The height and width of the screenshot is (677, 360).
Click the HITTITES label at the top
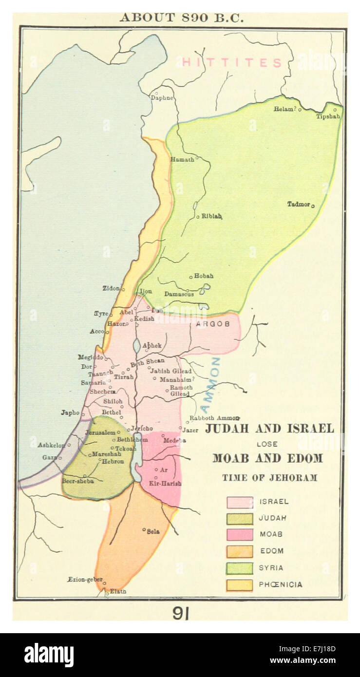pyautogui.click(x=232, y=63)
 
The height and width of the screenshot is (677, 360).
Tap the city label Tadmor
pyautogui.click(x=298, y=204)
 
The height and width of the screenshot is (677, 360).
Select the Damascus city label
pyautogui.click(x=179, y=294)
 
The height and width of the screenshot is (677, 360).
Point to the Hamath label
pyautogui.click(x=182, y=159)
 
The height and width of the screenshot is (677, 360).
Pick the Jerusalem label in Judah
pyautogui.click(x=100, y=433)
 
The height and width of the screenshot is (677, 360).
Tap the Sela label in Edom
pyautogui.click(x=153, y=531)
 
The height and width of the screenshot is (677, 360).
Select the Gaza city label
pyautogui.click(x=49, y=457)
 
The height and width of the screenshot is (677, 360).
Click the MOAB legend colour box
pyautogui.click(x=240, y=535)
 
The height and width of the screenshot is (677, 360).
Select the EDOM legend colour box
pyautogui.click(x=240, y=551)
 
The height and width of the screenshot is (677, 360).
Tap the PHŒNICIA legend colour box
pyautogui.click(x=240, y=585)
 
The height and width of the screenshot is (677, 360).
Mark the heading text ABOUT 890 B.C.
pyautogui.click(x=181, y=18)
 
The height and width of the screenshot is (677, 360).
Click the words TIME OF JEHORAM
pyautogui.click(x=269, y=478)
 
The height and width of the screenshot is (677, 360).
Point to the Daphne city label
pyautogui.click(x=162, y=97)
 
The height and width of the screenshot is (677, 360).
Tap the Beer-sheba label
pyautogui.click(x=77, y=481)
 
